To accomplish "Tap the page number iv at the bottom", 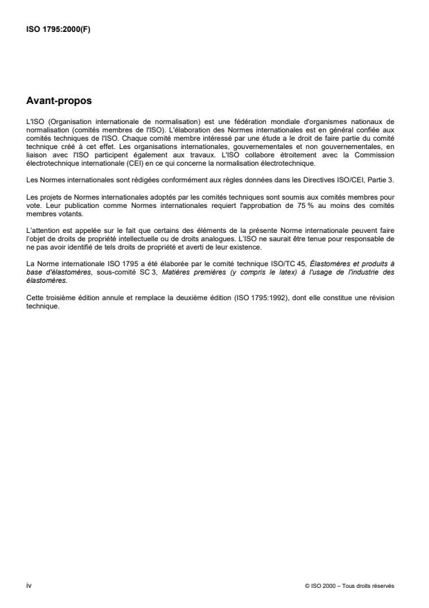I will (28, 585).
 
